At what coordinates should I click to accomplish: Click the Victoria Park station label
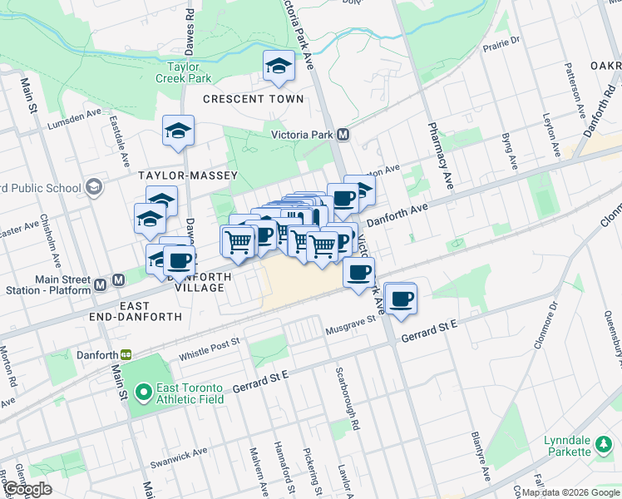(301, 135)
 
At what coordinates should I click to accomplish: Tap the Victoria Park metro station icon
(343, 135)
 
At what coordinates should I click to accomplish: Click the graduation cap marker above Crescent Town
(279, 67)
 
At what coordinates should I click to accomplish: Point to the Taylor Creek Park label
(183, 72)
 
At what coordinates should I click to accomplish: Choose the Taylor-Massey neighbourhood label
(188, 175)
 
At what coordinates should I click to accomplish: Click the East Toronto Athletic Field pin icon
(142, 390)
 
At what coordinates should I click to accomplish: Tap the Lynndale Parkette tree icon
(601, 450)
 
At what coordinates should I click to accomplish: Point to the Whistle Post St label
(209, 346)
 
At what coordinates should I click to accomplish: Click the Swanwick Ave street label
(179, 456)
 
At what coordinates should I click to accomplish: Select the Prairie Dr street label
(501, 42)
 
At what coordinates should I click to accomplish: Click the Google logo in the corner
(27, 489)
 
